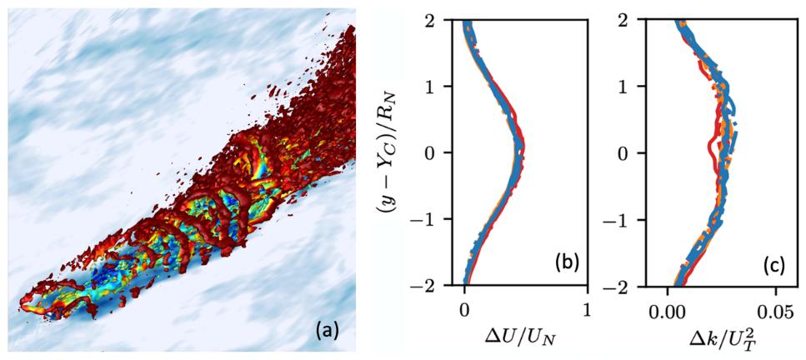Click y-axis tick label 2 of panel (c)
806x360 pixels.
point(648,19)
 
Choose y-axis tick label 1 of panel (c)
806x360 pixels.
point(648,86)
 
